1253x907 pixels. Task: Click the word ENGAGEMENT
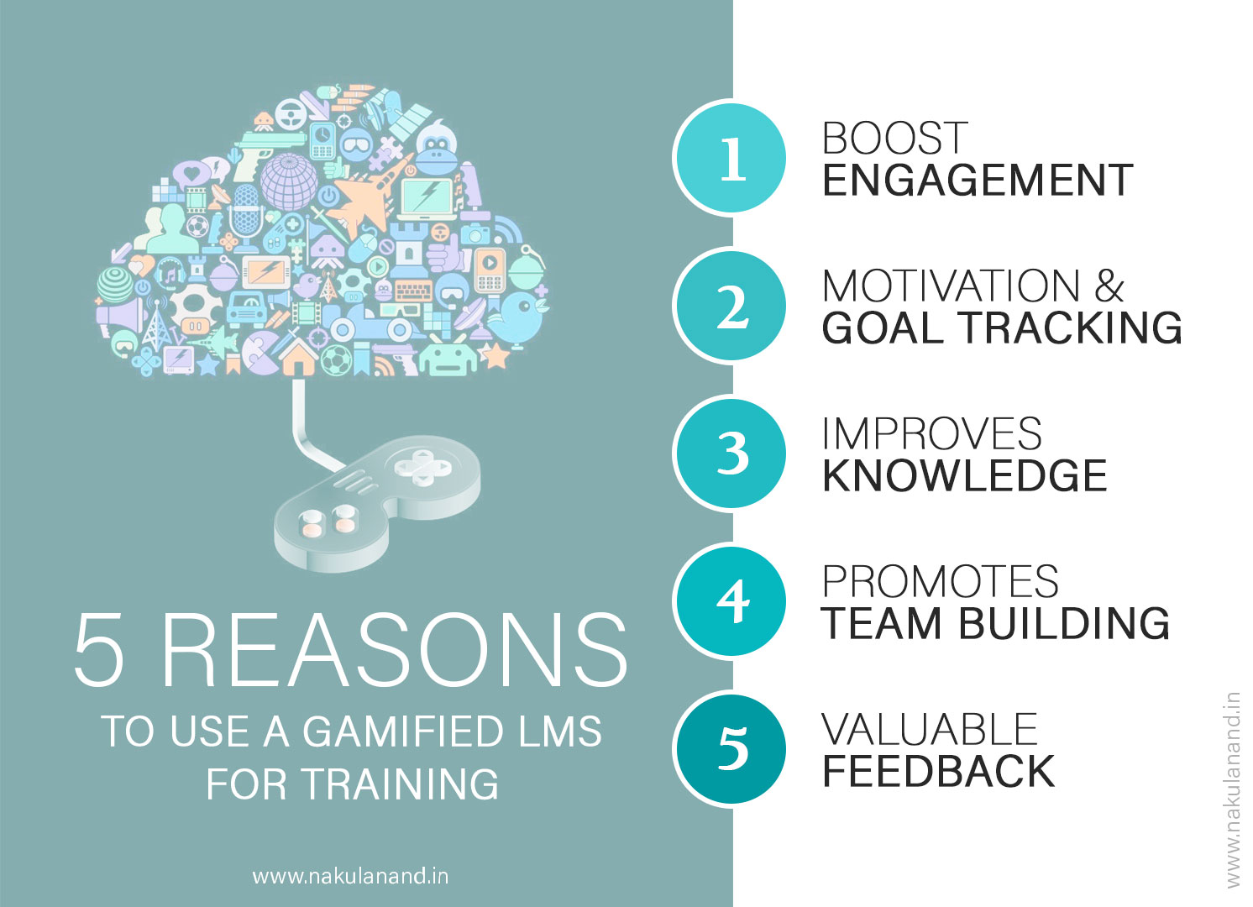click(978, 181)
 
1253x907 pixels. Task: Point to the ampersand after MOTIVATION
click(1109, 286)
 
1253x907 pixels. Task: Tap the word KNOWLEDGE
click(965, 476)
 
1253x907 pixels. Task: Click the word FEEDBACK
click(938, 771)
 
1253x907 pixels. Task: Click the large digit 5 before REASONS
click(100, 650)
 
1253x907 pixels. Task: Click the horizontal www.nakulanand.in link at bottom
click(350, 877)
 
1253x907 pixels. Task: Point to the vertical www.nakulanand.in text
click(1233, 789)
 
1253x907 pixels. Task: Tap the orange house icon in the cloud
click(296, 356)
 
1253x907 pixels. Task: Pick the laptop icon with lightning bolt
click(428, 198)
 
